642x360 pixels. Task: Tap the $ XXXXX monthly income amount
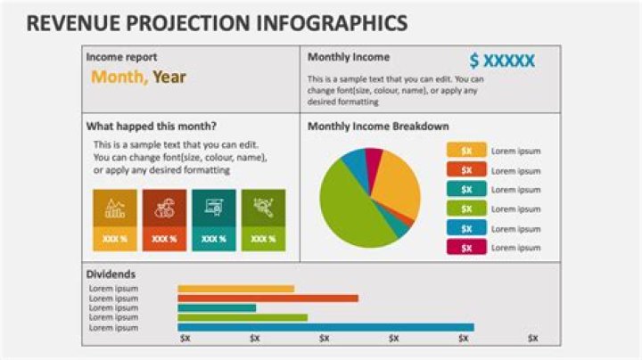click(x=502, y=61)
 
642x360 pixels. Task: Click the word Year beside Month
click(x=169, y=77)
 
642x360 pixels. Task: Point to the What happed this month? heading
click(x=151, y=126)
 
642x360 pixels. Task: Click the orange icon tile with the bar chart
click(x=114, y=210)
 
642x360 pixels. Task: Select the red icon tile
click(x=164, y=210)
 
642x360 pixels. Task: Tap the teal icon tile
click(x=214, y=210)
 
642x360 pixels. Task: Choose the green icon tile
click(x=263, y=210)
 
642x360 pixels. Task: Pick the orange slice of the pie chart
click(x=397, y=183)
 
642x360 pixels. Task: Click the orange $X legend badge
click(x=466, y=151)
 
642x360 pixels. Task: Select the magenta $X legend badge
click(x=466, y=247)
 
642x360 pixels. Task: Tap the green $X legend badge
click(x=466, y=209)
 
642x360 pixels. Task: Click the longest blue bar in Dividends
click(x=325, y=327)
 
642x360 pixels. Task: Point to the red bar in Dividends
click(x=267, y=298)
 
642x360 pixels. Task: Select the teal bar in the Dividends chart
click(x=217, y=307)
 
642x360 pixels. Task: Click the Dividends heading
click(x=111, y=274)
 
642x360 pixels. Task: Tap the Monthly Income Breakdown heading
click(x=378, y=127)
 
